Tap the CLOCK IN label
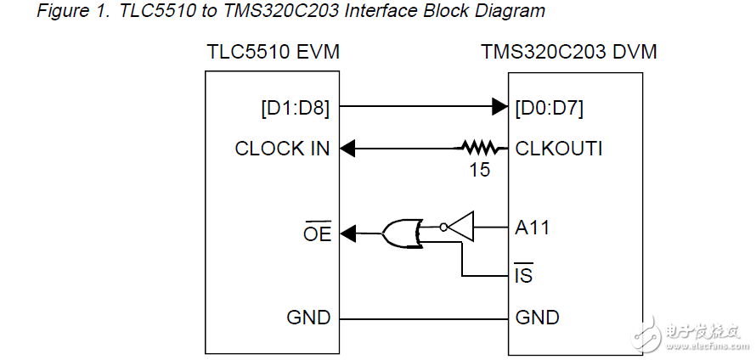click(x=282, y=149)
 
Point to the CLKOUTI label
click(x=559, y=149)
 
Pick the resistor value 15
click(x=480, y=170)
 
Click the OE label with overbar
click(x=317, y=233)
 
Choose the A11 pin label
click(x=533, y=228)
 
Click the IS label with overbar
click(x=524, y=275)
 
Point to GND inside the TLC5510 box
click(x=308, y=318)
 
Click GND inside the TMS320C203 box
click(x=538, y=318)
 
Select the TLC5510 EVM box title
click(x=274, y=52)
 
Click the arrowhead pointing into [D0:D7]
click(x=500, y=107)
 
